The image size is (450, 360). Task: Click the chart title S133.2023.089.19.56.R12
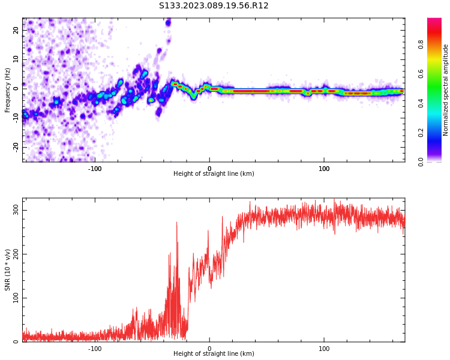tap(214, 6)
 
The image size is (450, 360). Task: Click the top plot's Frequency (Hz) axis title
tap(8, 90)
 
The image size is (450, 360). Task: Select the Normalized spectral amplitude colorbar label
tap(446, 90)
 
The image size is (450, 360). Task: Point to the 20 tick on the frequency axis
tap(16, 31)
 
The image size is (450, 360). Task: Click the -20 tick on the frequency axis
tap(15, 146)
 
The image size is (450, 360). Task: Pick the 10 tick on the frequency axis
tap(16, 59)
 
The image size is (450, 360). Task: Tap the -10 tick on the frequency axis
tap(15, 118)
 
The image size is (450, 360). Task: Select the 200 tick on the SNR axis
tap(14, 254)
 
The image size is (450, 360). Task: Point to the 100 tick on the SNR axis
tap(14, 298)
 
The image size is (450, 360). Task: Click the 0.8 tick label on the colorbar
tap(437, 44)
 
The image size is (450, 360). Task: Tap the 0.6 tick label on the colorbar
tap(437, 74)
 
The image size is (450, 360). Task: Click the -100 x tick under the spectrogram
tap(95, 169)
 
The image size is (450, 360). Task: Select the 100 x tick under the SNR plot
tap(324, 349)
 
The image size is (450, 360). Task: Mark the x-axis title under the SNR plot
tap(214, 354)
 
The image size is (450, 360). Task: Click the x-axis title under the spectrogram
tap(214, 174)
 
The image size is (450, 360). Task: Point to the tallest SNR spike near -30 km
tap(176, 223)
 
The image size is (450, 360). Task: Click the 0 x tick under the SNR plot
tap(209, 349)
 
